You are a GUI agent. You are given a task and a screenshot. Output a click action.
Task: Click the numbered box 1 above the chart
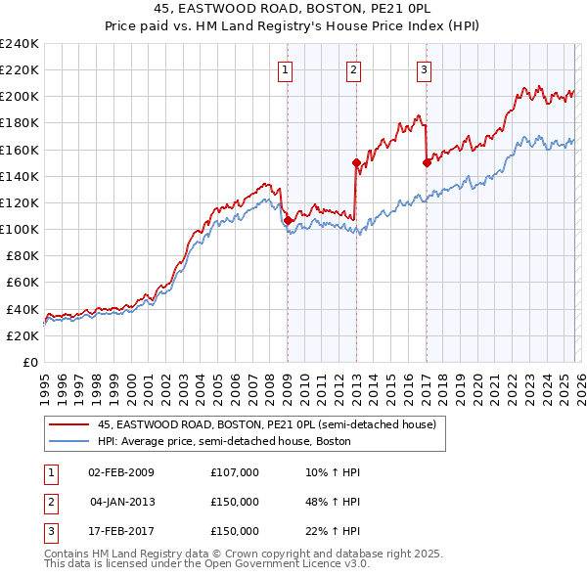[x=285, y=68]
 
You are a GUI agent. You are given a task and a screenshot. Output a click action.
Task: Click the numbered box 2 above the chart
[x=352, y=68]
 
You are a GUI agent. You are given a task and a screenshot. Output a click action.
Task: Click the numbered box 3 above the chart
[x=424, y=68]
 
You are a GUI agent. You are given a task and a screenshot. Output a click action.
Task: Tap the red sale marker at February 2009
[x=288, y=221]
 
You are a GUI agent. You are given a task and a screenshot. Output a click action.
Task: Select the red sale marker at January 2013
[x=355, y=163]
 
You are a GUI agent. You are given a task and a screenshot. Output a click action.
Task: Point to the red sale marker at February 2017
[x=427, y=163]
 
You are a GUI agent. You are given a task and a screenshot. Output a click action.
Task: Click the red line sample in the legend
[x=68, y=424]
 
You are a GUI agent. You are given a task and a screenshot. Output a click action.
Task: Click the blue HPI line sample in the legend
[x=68, y=441]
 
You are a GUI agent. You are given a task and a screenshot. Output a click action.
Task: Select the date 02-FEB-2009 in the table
[x=121, y=472]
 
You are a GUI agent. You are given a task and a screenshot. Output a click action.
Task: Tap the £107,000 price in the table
[x=234, y=472]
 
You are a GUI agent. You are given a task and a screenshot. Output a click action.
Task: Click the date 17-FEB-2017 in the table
[x=121, y=531]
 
